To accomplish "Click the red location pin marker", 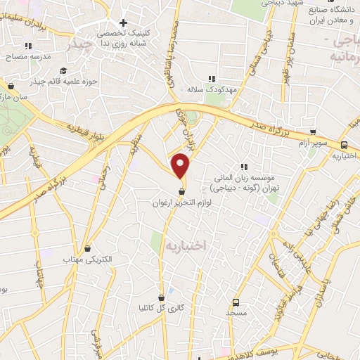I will (181, 166).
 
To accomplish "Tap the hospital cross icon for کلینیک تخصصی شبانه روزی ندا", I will (123, 22).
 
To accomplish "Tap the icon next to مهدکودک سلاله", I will (210, 79).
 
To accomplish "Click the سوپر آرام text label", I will (307, 143).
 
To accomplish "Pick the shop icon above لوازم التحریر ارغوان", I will (182, 191).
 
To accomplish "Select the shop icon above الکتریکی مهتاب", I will (87, 248).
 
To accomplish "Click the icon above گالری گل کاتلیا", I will (161, 297).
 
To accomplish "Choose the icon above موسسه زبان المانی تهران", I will (244, 167).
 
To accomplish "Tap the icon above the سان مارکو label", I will (11, 86).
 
